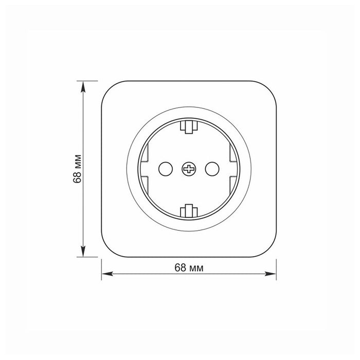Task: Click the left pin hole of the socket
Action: (x=165, y=168)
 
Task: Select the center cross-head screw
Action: (x=189, y=168)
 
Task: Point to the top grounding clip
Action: (x=189, y=126)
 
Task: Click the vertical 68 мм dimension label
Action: (x=78, y=168)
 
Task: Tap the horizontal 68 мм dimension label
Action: (x=189, y=267)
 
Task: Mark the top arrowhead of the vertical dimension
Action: (x=84, y=84)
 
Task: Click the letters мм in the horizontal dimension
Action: (x=196, y=267)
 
